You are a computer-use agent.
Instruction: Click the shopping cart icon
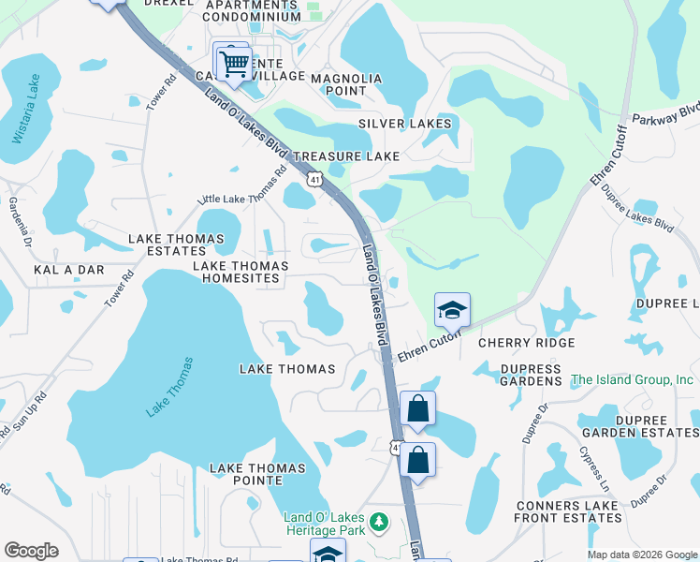coord(233,64)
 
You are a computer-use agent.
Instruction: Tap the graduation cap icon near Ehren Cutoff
coord(452,310)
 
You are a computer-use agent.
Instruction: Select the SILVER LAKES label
coord(405,124)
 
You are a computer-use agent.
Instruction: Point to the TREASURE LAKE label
coord(346,156)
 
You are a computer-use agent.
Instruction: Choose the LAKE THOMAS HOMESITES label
coord(241,272)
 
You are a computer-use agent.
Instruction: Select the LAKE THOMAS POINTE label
coord(257,474)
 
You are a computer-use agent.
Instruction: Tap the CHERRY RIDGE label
coord(526,344)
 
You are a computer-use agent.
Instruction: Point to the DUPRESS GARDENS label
coord(531,376)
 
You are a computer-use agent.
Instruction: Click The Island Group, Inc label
coord(633,380)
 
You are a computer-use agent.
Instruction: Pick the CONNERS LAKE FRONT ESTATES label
coord(567,511)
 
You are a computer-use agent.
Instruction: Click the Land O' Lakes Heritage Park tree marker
coord(379,521)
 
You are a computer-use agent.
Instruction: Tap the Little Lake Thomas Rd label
coord(241,186)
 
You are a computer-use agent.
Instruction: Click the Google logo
coord(31,551)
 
